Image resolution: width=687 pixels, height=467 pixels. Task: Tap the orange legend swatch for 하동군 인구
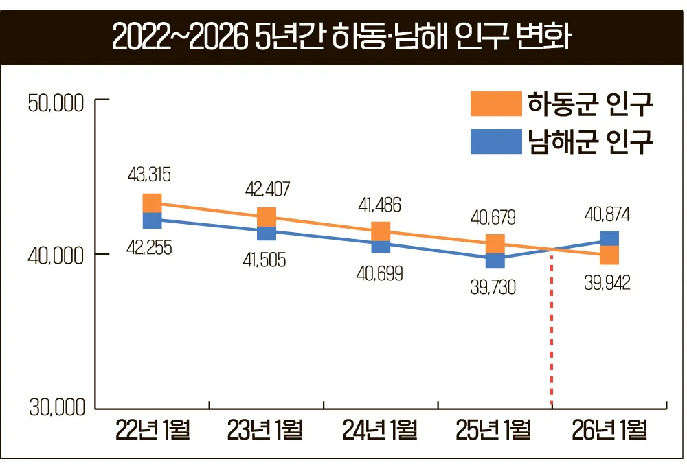pyautogui.click(x=496, y=105)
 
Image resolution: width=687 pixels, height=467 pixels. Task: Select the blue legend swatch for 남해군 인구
pyautogui.click(x=496, y=141)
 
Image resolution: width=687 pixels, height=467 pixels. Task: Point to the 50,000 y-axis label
pyautogui.click(x=56, y=104)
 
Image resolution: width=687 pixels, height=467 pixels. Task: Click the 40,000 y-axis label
pyautogui.click(x=56, y=255)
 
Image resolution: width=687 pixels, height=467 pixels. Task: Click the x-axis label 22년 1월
pyautogui.click(x=153, y=431)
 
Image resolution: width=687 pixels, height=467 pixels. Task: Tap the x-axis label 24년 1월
pyautogui.click(x=381, y=431)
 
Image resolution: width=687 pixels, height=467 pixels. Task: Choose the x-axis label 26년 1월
pyautogui.click(x=609, y=431)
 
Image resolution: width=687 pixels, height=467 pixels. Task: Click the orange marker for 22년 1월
pyautogui.click(x=152, y=203)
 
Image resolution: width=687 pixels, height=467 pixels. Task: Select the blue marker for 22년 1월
pyautogui.click(x=152, y=220)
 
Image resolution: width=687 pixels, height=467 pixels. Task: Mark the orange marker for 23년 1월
pyautogui.click(x=267, y=216)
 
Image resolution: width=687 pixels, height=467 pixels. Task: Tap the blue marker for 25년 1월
pyautogui.click(x=495, y=260)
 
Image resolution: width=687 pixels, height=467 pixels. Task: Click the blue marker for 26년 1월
pyautogui.click(x=609, y=239)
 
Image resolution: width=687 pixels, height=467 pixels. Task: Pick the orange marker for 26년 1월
pyautogui.click(x=609, y=255)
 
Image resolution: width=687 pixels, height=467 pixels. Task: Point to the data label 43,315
pyautogui.click(x=149, y=175)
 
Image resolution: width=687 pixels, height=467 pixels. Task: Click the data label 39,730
pyautogui.click(x=493, y=288)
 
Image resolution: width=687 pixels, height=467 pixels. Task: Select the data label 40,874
pyautogui.click(x=607, y=214)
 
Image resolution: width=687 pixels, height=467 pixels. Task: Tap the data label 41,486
pyautogui.click(x=380, y=204)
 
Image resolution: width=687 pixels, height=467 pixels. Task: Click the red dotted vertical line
pyautogui.click(x=552, y=330)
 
